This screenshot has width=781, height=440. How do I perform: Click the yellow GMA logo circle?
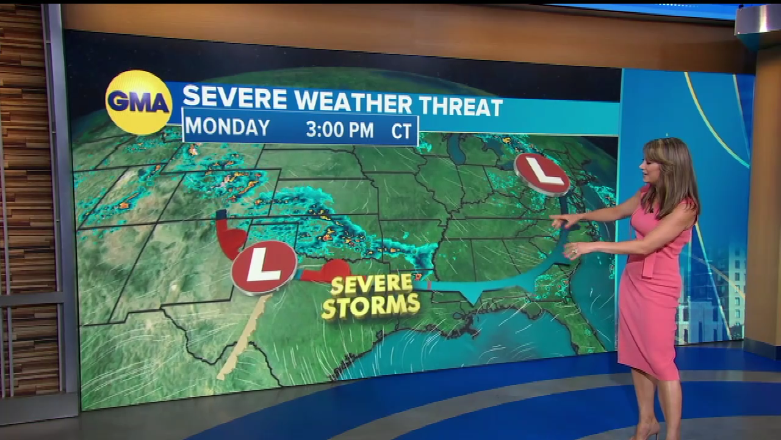pyautogui.click(x=139, y=102)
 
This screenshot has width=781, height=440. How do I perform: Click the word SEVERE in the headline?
pyautogui.click(x=235, y=98)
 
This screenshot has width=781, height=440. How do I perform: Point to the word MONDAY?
pyautogui.click(x=228, y=127)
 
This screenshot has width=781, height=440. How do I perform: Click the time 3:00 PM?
pyautogui.click(x=340, y=130)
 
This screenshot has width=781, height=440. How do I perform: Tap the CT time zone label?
pyautogui.click(x=401, y=131)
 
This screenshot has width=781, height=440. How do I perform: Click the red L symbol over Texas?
pyautogui.click(x=264, y=267)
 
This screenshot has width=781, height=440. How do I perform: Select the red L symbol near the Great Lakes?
pyautogui.click(x=542, y=173)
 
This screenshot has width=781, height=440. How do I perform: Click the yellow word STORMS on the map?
pyautogui.click(x=371, y=306)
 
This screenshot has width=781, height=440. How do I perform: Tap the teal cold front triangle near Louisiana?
pyautogui.click(x=470, y=296)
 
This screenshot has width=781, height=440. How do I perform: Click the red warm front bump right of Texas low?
pyautogui.click(x=329, y=271)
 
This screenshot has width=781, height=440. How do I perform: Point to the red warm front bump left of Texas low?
pyautogui.click(x=231, y=237)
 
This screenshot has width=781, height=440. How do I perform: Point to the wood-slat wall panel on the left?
pyautogui.click(x=24, y=153)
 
